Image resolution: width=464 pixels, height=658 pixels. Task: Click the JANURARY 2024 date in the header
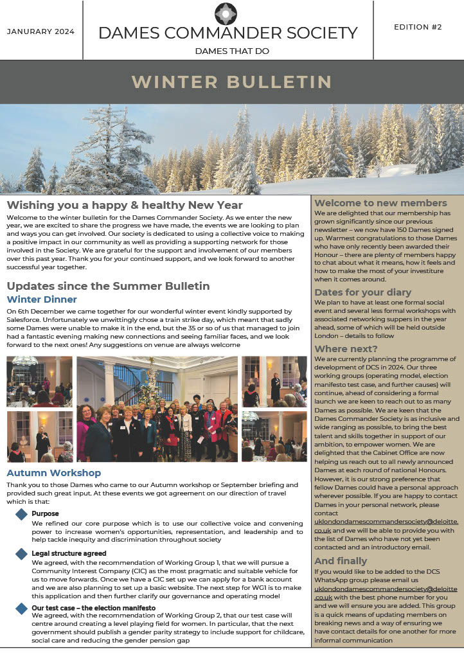pos(40,31)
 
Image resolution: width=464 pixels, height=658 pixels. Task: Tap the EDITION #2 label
pos(418,27)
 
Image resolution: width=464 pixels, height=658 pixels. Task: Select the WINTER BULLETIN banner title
pos(231,82)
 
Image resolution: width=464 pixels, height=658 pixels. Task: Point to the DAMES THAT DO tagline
pos(232,51)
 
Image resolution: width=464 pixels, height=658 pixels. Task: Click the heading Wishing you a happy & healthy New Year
pos(125,205)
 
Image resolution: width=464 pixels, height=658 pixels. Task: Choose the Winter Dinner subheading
pos(42,299)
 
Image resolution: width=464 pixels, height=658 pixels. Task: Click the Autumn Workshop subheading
pos(53,474)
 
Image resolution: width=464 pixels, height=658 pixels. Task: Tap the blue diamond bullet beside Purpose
pos(21,514)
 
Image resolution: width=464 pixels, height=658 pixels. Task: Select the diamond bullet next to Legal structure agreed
pos(21,553)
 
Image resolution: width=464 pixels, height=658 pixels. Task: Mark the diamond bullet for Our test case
pos(21,607)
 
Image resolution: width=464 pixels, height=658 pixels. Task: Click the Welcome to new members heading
pos(380,203)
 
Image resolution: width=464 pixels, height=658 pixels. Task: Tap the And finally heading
pos(341,561)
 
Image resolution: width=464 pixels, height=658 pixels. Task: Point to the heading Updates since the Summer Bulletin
pos(108,286)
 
